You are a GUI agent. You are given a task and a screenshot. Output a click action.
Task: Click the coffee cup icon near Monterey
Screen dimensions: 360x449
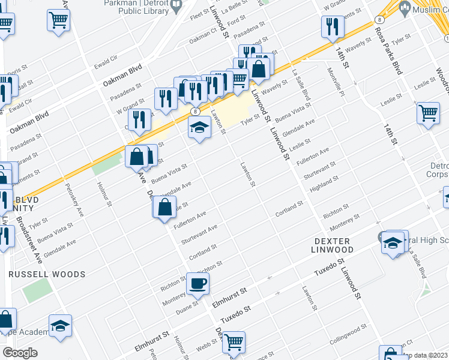pos(197,284)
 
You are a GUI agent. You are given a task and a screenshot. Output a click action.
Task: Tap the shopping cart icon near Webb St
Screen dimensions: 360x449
pos(234,342)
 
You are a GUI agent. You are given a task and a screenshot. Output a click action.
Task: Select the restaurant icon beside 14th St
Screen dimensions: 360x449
pos(332,26)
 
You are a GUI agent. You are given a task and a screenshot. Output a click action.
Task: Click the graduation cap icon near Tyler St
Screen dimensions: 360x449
pos(199,127)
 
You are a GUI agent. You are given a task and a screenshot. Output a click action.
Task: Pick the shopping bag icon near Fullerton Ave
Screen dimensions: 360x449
pos(164,208)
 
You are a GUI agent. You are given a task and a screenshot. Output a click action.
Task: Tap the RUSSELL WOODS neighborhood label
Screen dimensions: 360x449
pos(47,274)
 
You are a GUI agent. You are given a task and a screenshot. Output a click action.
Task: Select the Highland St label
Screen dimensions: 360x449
pos(324,183)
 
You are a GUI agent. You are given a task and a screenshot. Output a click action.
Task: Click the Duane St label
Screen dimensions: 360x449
pos(188,309)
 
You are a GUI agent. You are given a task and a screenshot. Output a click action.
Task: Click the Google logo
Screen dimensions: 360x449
pos(20,353)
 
